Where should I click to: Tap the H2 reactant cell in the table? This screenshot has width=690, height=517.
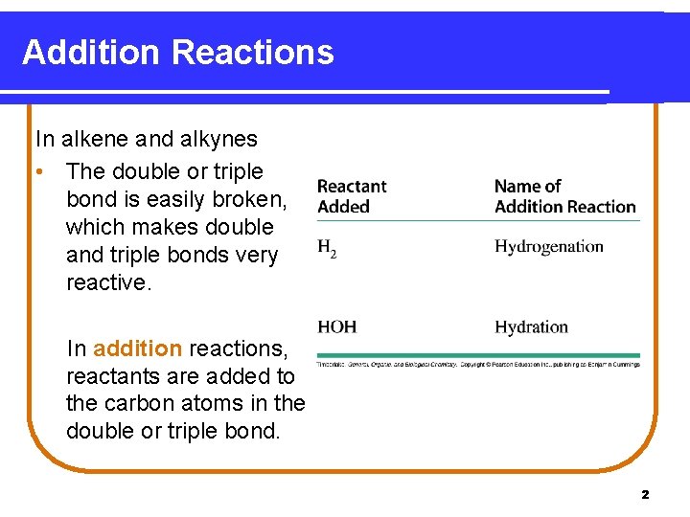click(x=327, y=248)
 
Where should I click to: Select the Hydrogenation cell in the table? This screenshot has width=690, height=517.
click(x=548, y=247)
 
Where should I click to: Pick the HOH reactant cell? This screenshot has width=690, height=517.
click(x=337, y=327)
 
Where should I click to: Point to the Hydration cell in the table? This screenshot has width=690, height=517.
click(x=531, y=327)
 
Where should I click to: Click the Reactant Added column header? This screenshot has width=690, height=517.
click(x=352, y=196)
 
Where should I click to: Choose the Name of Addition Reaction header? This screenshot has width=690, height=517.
click(x=564, y=196)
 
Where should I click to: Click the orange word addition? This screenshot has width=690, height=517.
click(x=137, y=348)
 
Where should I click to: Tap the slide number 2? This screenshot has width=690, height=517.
click(x=644, y=495)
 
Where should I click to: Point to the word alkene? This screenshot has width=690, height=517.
click(x=95, y=139)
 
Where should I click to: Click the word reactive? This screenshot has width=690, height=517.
click(x=108, y=283)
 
